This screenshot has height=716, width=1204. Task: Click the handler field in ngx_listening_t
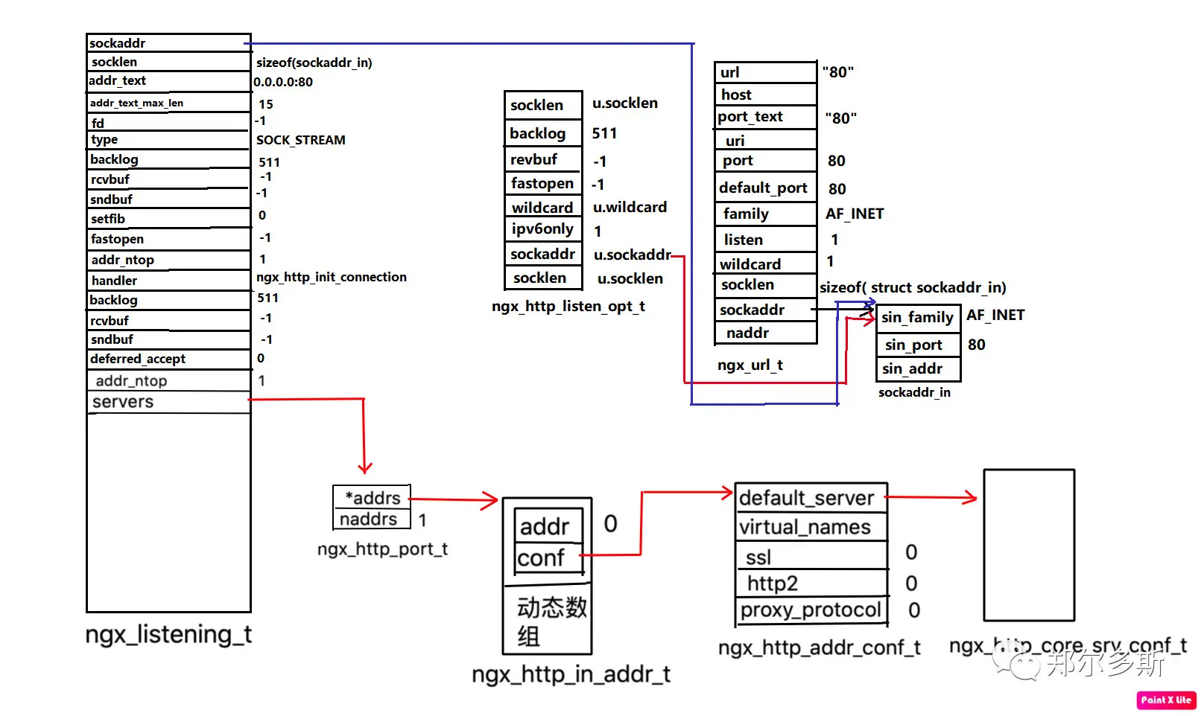click(x=168, y=281)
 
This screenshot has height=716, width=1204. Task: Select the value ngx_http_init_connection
click(x=331, y=277)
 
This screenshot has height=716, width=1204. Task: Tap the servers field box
click(x=168, y=402)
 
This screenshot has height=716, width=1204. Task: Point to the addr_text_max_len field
click(x=168, y=103)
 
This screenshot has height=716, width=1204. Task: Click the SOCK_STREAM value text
click(x=300, y=140)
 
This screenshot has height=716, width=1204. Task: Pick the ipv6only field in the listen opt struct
click(x=543, y=228)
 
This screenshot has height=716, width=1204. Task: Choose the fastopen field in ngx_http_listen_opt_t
click(x=543, y=184)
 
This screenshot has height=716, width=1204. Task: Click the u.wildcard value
click(x=630, y=207)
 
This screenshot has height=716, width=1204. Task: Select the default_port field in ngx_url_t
click(x=765, y=188)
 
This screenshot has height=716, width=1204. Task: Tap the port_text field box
click(x=765, y=117)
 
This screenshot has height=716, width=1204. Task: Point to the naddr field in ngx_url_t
click(x=765, y=333)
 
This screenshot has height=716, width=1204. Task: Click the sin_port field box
click(x=918, y=345)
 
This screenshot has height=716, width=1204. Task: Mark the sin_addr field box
click(x=918, y=369)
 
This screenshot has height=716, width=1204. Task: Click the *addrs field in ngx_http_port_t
click(x=372, y=497)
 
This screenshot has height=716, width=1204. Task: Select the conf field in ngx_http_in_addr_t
click(x=548, y=558)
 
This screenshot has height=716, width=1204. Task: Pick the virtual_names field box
click(x=811, y=527)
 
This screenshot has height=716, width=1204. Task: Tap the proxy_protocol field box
click(x=811, y=610)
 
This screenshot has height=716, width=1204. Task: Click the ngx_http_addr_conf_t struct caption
click(x=819, y=648)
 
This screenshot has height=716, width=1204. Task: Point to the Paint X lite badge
click(x=1166, y=700)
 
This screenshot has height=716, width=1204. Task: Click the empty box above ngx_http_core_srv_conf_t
click(x=1030, y=546)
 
